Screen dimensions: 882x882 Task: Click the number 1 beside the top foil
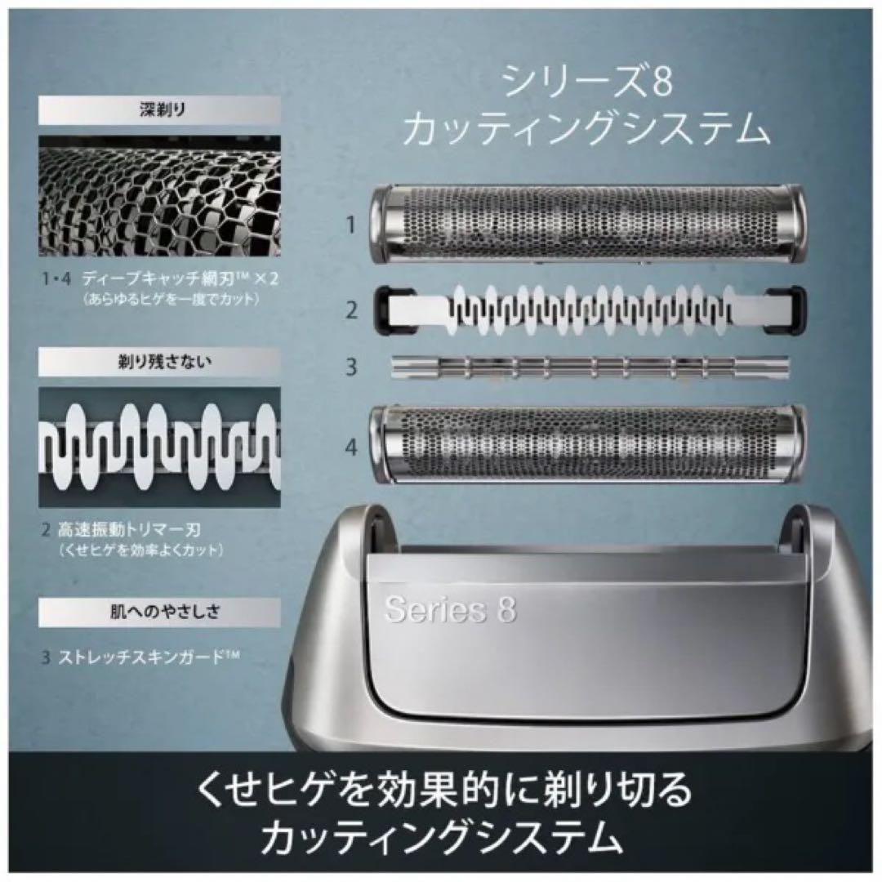click(x=351, y=225)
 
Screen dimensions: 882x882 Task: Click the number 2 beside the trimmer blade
click(x=351, y=310)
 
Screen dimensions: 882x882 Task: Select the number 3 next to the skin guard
click(x=351, y=367)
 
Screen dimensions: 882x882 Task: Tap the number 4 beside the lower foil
click(x=351, y=447)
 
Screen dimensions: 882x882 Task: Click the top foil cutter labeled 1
click(x=588, y=224)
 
